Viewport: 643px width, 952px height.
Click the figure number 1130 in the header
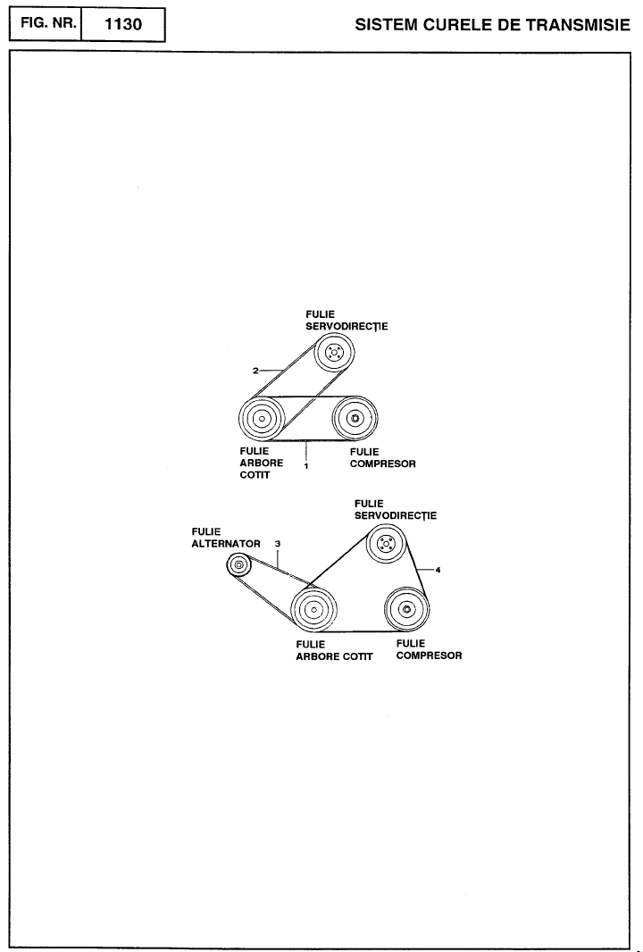[x=123, y=24]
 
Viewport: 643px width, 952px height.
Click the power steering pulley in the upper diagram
[x=334, y=352]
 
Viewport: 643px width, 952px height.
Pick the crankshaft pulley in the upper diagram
[x=262, y=418]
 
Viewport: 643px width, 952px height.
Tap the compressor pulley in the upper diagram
[x=355, y=418]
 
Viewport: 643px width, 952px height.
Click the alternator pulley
[x=238, y=565]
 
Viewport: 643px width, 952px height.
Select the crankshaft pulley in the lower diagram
[x=313, y=610]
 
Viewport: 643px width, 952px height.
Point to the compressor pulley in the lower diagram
[x=406, y=609]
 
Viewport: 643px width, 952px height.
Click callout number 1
[x=306, y=466]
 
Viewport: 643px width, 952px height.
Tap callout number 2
[x=255, y=371]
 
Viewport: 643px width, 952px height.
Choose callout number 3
[x=278, y=544]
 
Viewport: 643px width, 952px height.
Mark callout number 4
[x=438, y=570]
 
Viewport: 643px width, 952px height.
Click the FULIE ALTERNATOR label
[x=226, y=538]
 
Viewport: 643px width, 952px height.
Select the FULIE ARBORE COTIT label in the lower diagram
[x=335, y=650]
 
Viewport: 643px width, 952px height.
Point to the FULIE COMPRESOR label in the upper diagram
[x=383, y=458]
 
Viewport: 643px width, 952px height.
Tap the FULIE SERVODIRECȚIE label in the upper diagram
[x=347, y=321]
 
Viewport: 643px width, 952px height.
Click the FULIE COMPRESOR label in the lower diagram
[x=430, y=649]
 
